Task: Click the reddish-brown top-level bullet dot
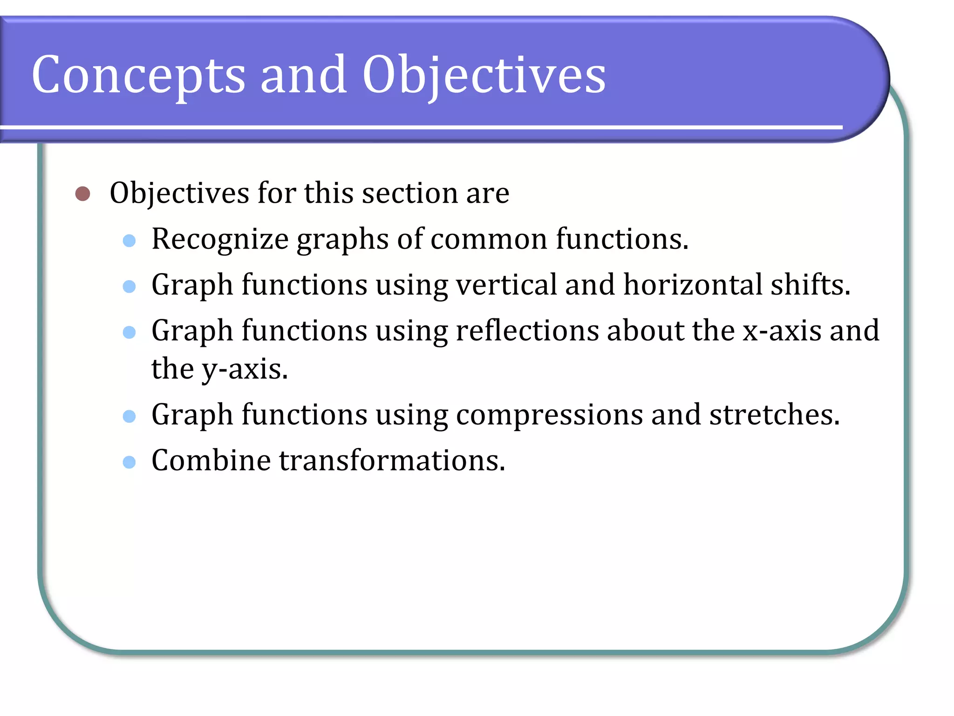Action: tap(82, 193)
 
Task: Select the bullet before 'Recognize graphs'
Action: tap(129, 241)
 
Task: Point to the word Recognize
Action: tap(220, 239)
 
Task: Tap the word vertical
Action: tap(506, 284)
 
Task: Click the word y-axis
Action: tap(244, 369)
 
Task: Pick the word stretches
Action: tap(774, 414)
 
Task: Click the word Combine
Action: tap(211, 460)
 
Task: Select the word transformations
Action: tap(392, 460)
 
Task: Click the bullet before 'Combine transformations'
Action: tap(129, 462)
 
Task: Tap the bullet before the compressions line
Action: tap(129, 416)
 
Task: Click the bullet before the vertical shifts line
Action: tap(129, 286)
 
